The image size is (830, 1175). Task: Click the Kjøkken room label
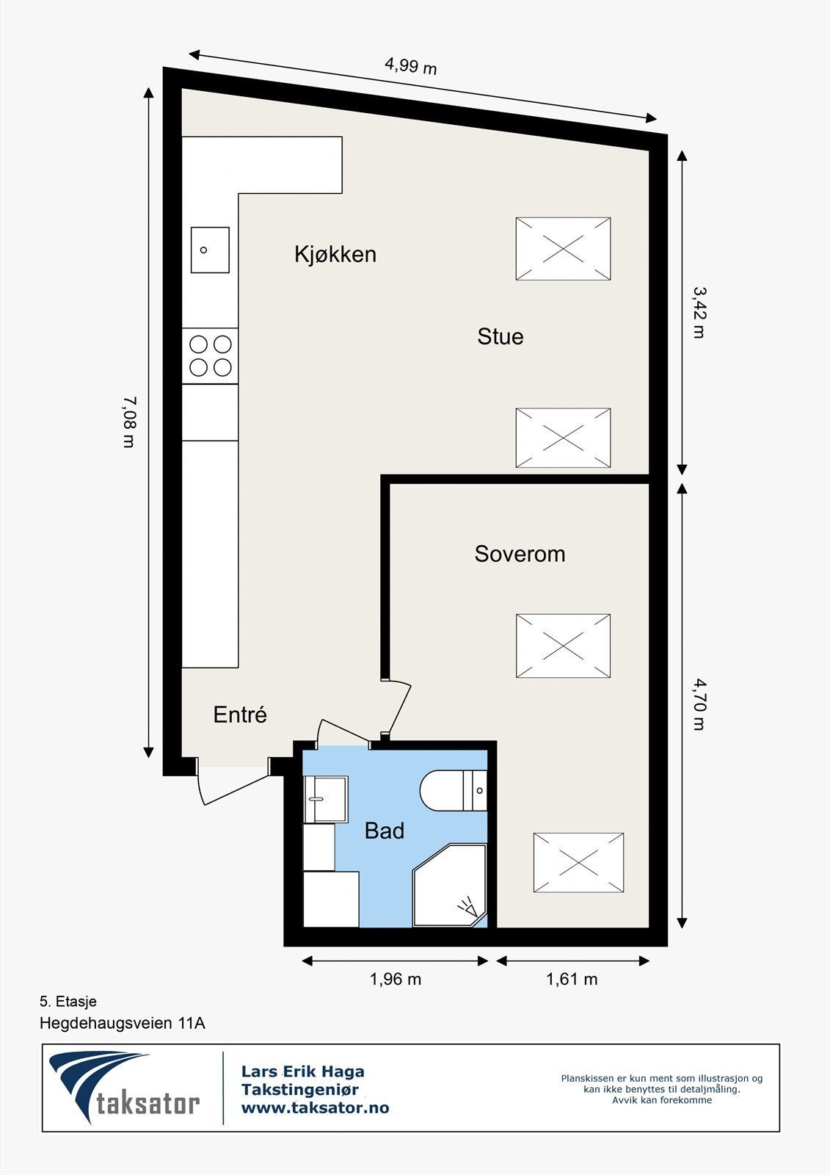[335, 254]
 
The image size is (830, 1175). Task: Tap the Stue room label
[500, 336]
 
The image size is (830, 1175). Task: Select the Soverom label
[520, 554]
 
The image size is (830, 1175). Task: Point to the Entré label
[240, 714]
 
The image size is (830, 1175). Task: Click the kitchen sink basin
[210, 250]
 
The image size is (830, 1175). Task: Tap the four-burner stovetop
[210, 356]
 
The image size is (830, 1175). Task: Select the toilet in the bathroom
[453, 790]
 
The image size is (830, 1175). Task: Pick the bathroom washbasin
[326, 800]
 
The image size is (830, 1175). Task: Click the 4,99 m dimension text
[410, 67]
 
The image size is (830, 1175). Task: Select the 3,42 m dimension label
[699, 312]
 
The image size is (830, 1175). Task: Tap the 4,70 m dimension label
[699, 705]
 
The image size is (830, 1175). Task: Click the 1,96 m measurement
[396, 979]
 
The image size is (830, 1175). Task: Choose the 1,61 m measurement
[572, 979]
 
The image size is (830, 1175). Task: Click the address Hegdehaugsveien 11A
[122, 1023]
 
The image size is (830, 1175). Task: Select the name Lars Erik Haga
[302, 1071]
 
